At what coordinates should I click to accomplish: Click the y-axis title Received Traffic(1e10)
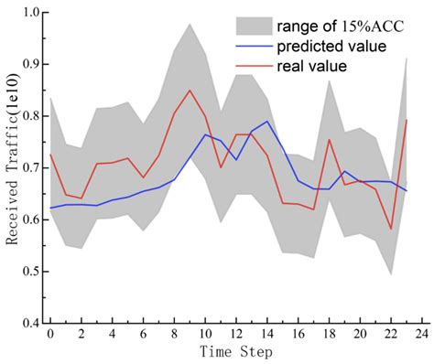coord(14,170)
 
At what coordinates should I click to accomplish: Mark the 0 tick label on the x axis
coord(50,334)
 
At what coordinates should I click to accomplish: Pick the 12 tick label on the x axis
coord(236,334)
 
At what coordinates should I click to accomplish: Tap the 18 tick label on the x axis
coord(329,334)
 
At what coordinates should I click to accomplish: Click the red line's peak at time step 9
coord(190,91)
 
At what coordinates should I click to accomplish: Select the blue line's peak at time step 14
coord(266,121)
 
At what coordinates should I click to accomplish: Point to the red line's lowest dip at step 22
coord(391,229)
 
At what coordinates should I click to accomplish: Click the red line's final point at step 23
coord(406,120)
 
